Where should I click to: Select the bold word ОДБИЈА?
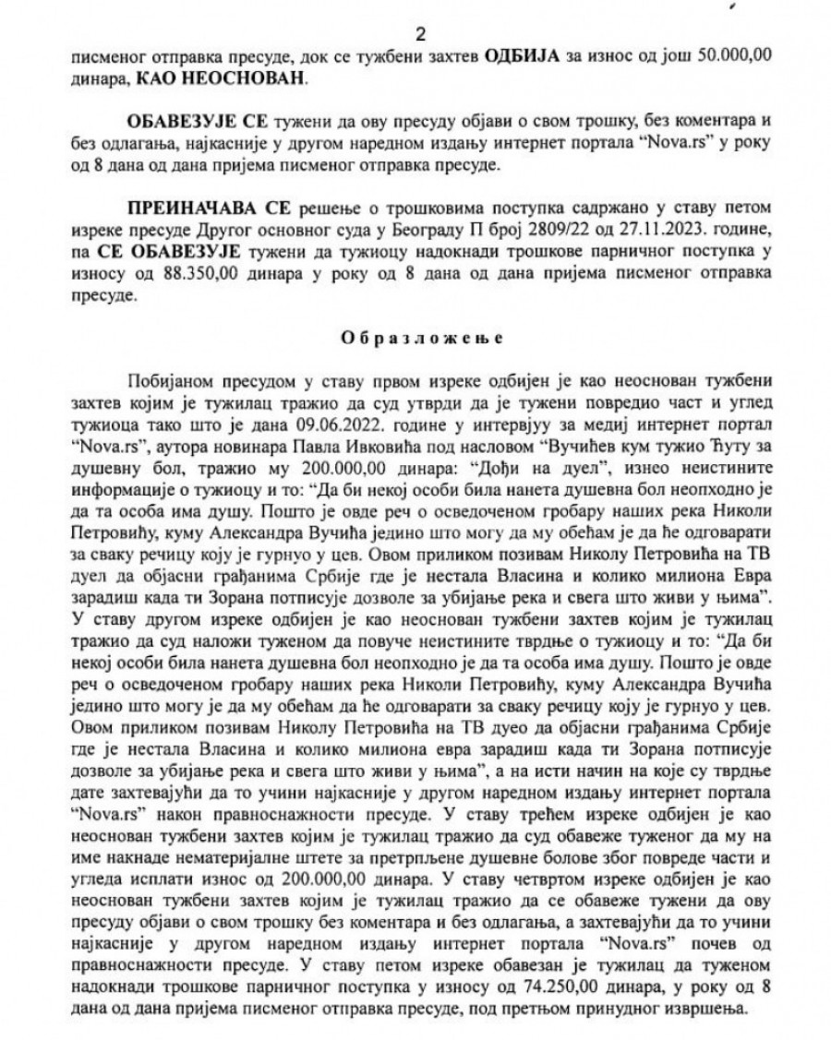518,57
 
